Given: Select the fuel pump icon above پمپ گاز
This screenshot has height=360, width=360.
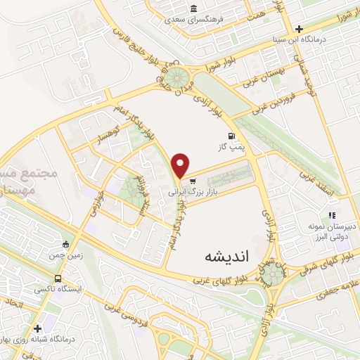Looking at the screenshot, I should (230, 136).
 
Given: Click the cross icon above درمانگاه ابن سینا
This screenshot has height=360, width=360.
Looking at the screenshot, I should (300, 30).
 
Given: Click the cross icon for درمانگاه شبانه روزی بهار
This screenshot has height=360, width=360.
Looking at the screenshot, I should (37, 327).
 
